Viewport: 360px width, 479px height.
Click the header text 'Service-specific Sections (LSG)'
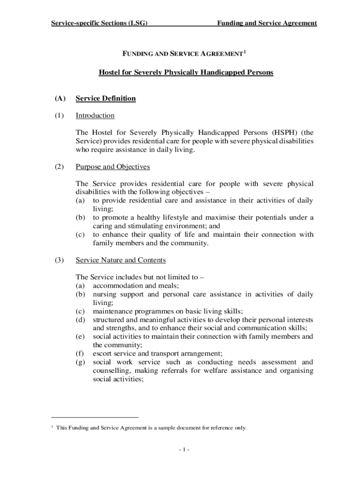pos(99,23)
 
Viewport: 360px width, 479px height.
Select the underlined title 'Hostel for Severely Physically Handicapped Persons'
pos(186,73)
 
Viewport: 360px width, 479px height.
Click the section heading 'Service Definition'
pos(106,98)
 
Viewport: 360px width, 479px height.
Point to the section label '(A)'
pos(59,98)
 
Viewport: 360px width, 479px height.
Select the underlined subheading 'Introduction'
pos(95,116)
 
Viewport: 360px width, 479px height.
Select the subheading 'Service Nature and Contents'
pos(121,260)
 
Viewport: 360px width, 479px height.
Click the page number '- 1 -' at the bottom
pos(183,450)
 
